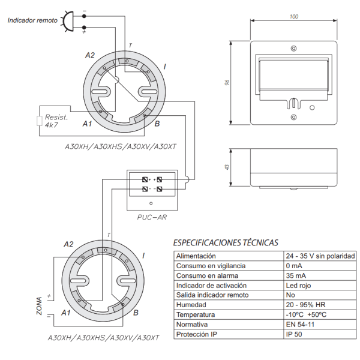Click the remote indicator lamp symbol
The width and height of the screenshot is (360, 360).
67,21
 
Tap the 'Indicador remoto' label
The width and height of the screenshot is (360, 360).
32,20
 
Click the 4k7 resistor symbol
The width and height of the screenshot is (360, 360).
40,121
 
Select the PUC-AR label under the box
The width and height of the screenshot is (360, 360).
152,217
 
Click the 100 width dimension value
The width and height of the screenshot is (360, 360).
293,17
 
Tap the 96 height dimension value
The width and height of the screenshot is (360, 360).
227,82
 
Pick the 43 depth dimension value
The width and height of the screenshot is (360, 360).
227,167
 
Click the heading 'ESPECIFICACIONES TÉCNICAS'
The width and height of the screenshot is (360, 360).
226,242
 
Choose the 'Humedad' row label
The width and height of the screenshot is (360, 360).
191,305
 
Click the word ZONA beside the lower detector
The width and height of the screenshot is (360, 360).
39,306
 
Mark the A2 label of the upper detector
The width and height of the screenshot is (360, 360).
90,55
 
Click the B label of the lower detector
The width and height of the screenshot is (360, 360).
136,313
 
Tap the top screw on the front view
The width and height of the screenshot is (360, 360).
293,49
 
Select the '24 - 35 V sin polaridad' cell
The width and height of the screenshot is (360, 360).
320,256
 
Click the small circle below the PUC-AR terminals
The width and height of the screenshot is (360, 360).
151,203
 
